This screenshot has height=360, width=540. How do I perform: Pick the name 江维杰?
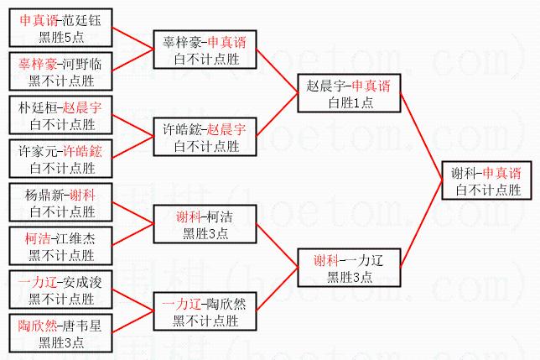[x=78, y=238]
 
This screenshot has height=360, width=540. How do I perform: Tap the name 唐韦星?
[x=83, y=325]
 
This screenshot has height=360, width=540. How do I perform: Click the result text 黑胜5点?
[x=60, y=36]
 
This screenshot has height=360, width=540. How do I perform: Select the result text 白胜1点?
[x=350, y=102]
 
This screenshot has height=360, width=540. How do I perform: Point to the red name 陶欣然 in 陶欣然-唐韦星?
[x=38, y=325]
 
